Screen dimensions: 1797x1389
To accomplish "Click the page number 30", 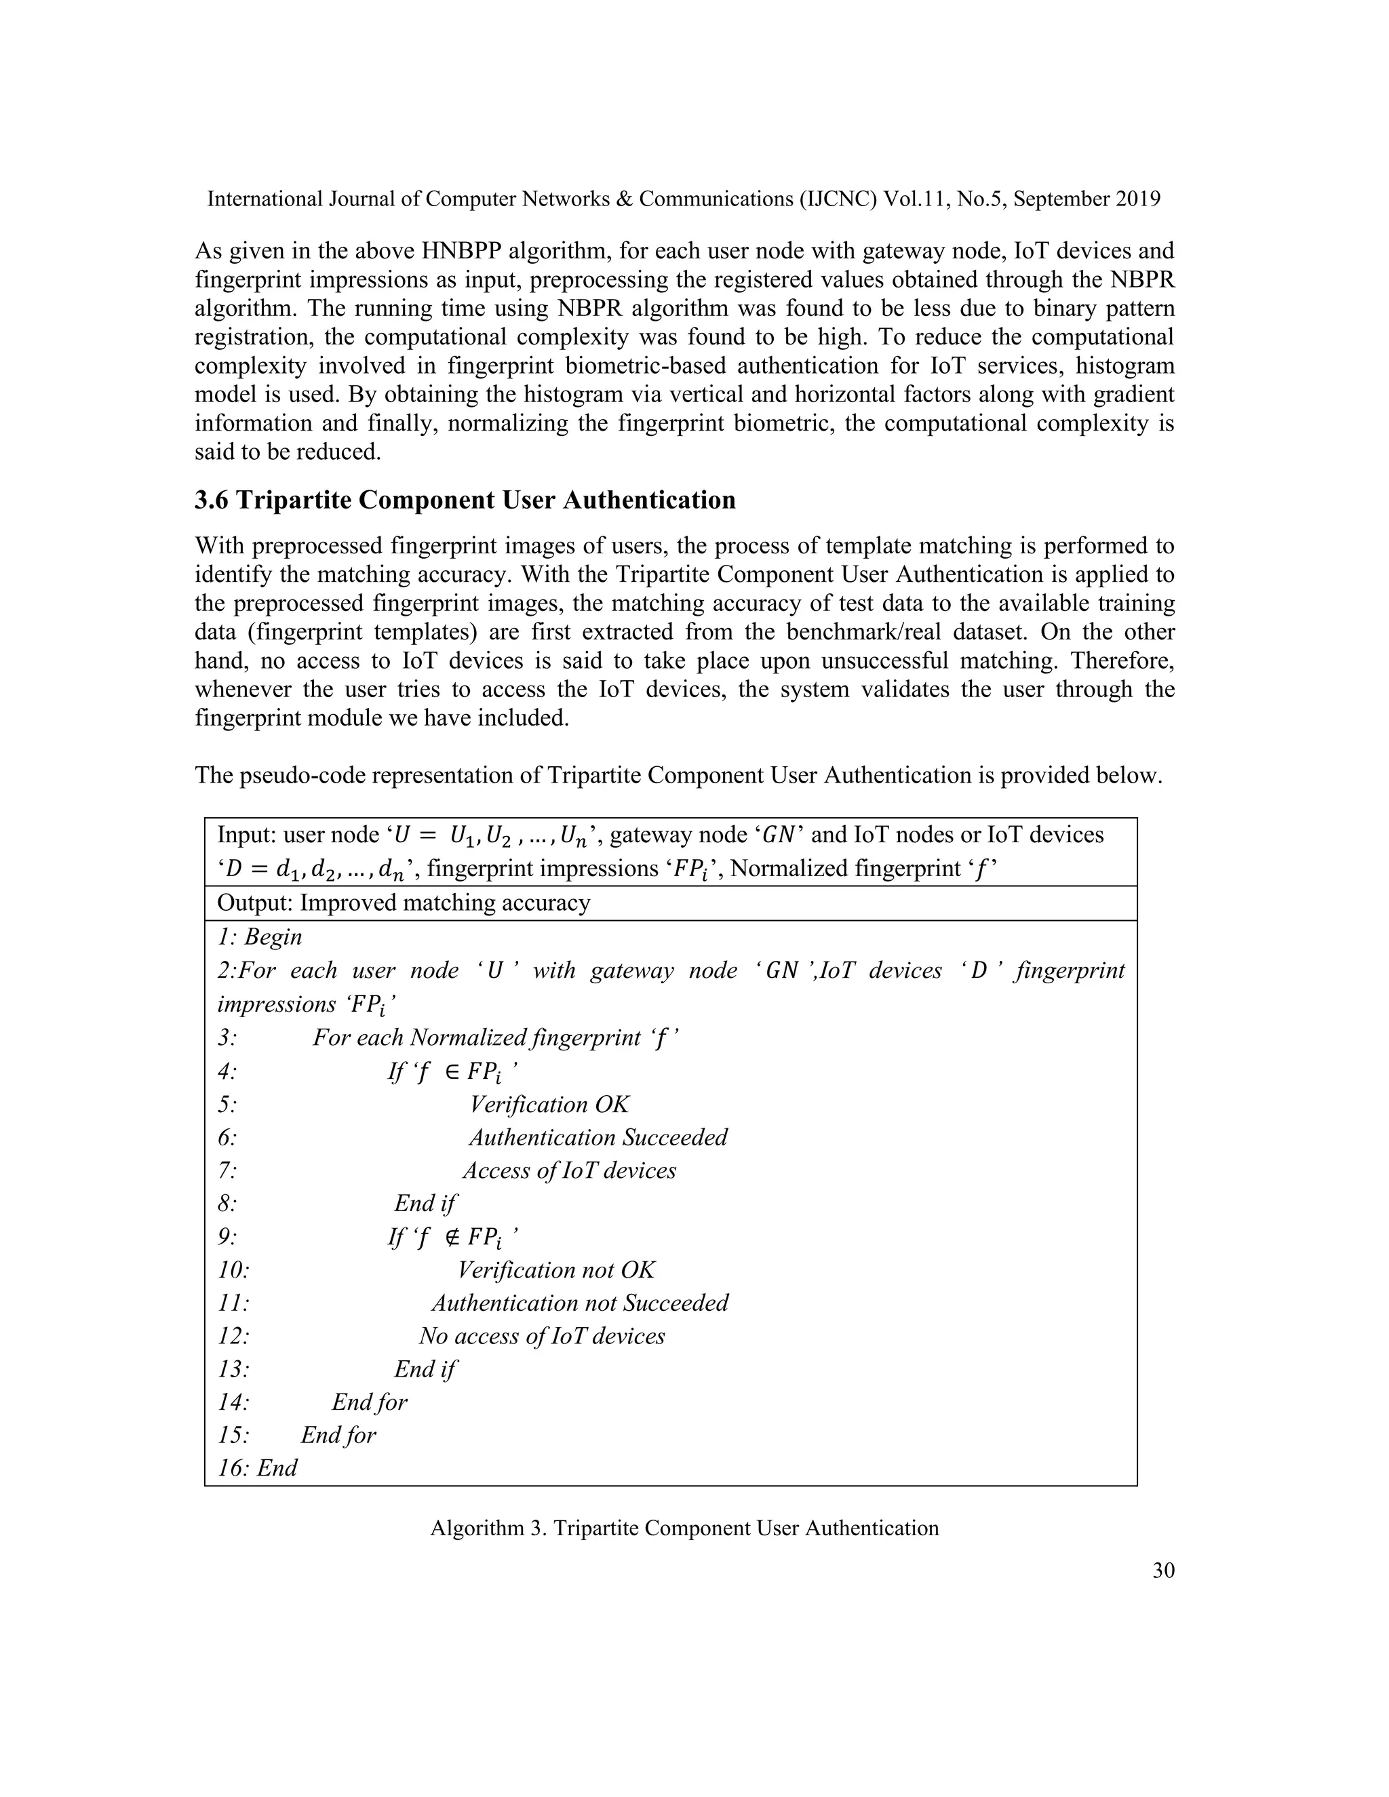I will pyautogui.click(x=1162, y=1571).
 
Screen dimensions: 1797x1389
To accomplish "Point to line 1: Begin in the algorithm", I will pyautogui.click(x=260, y=937).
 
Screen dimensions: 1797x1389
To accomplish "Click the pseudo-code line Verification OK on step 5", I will pyautogui.click(x=549, y=1104).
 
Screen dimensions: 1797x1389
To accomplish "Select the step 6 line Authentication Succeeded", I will pyautogui.click(x=598, y=1137).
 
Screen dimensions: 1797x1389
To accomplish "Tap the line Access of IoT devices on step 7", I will pyautogui.click(x=568, y=1171).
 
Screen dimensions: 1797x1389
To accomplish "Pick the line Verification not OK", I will pyautogui.click(x=555, y=1270).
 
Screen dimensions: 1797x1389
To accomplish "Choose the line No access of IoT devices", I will pyautogui.click(x=541, y=1337).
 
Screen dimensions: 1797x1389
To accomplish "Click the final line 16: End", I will pyautogui.click(x=258, y=1469).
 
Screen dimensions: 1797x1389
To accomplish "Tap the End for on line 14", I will pyautogui.click(x=370, y=1402).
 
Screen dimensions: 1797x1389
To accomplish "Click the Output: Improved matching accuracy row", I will pyautogui.click(x=404, y=903).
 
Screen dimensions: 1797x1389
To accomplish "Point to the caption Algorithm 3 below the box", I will pyautogui.click(x=684, y=1528).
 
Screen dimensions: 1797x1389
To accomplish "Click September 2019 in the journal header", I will pyautogui.click(x=1087, y=199).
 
